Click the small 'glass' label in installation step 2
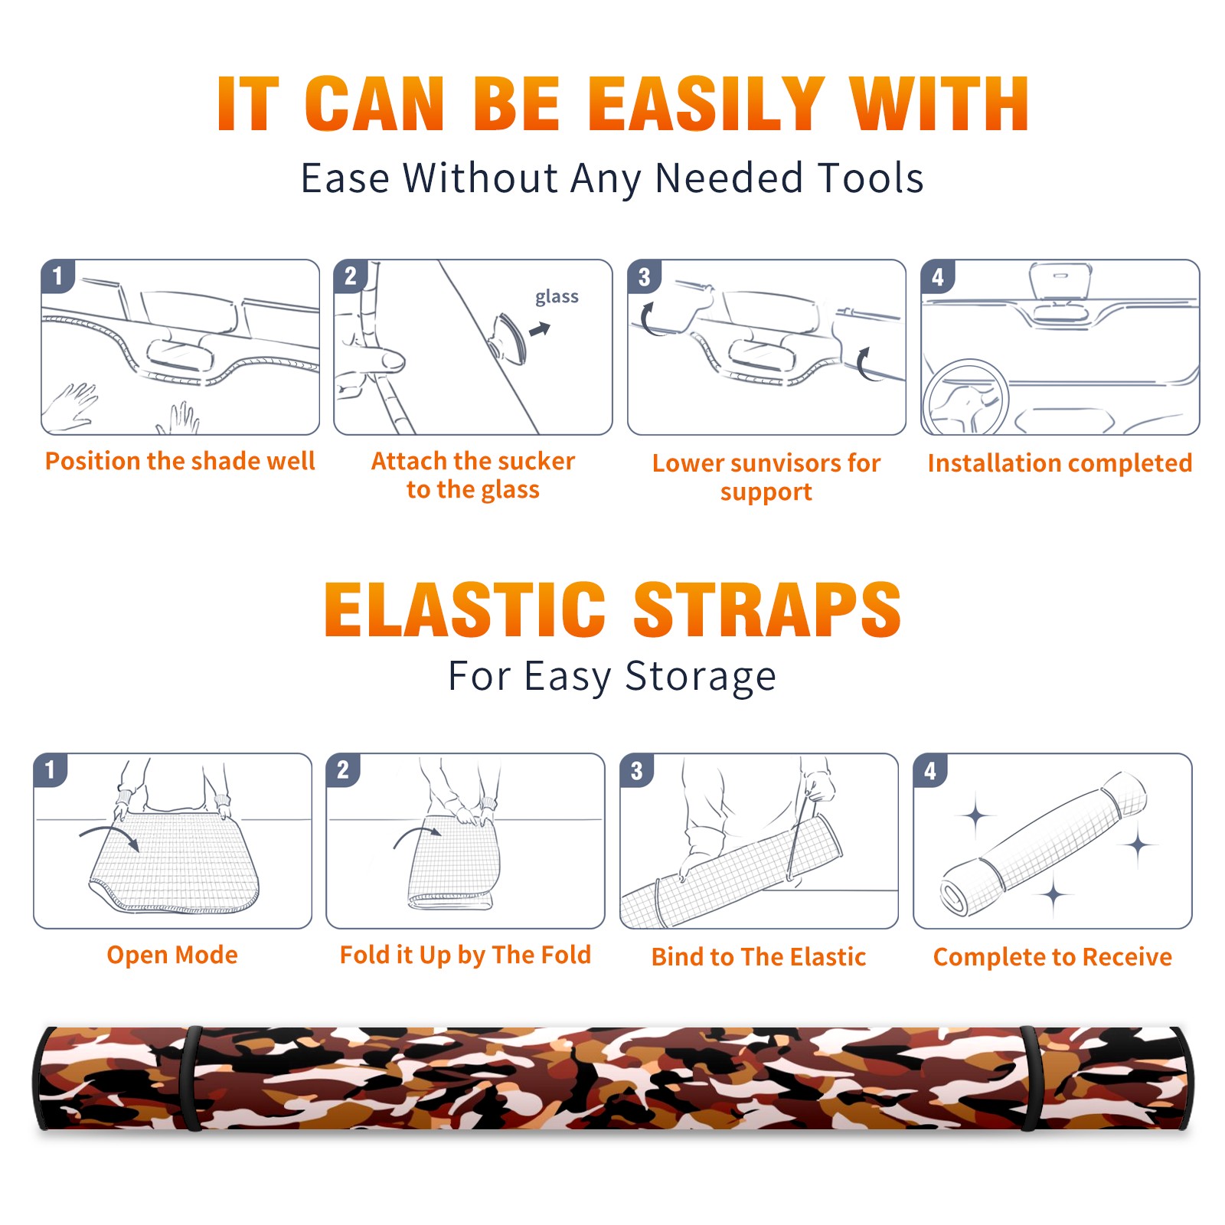557,297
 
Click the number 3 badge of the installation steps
644,276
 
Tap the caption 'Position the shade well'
180,461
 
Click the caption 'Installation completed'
1060,462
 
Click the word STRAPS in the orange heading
767,609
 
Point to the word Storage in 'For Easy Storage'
701,677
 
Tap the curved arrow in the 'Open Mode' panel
109,835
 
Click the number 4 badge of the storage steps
930,770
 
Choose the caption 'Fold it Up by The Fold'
465,955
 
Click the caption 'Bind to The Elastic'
759,956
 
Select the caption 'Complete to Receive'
1053,956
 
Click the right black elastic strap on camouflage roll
1030,1078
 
